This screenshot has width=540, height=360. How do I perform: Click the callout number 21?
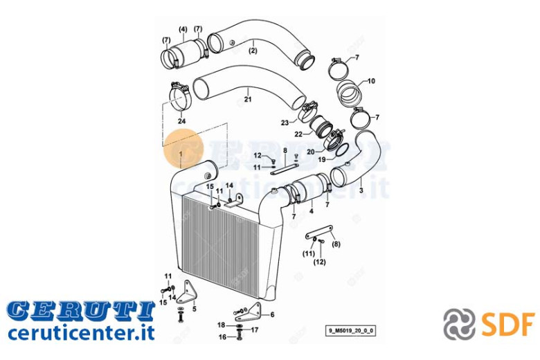pyautogui.click(x=248, y=99)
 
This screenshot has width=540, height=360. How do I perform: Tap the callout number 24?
pyautogui.click(x=181, y=121)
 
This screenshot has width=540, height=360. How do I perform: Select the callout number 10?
pyautogui.click(x=371, y=81)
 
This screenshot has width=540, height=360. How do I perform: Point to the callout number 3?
pyautogui.click(x=361, y=190)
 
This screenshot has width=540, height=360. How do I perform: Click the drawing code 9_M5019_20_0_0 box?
pyautogui.click(x=350, y=331)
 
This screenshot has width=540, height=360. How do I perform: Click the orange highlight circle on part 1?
pyautogui.click(x=184, y=148)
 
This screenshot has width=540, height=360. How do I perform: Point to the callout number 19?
pyautogui.click(x=322, y=159)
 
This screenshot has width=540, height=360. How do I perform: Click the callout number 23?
pyautogui.click(x=285, y=123)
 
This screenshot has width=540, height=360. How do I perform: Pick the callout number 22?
pyautogui.click(x=298, y=134)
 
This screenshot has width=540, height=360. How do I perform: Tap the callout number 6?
pyautogui.click(x=272, y=314)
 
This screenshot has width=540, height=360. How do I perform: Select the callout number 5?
pyautogui.click(x=195, y=309)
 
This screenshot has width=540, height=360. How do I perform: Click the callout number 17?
pyautogui.click(x=255, y=330)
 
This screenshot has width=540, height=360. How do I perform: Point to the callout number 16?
pyautogui.click(x=222, y=336)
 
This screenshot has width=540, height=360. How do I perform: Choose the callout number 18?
pyautogui.click(x=221, y=325)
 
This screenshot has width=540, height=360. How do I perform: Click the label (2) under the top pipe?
pyautogui.click(x=253, y=51)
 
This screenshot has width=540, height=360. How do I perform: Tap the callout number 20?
pyautogui.click(x=311, y=152)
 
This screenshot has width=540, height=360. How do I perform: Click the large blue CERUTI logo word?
pyautogui.click(x=81, y=311)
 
